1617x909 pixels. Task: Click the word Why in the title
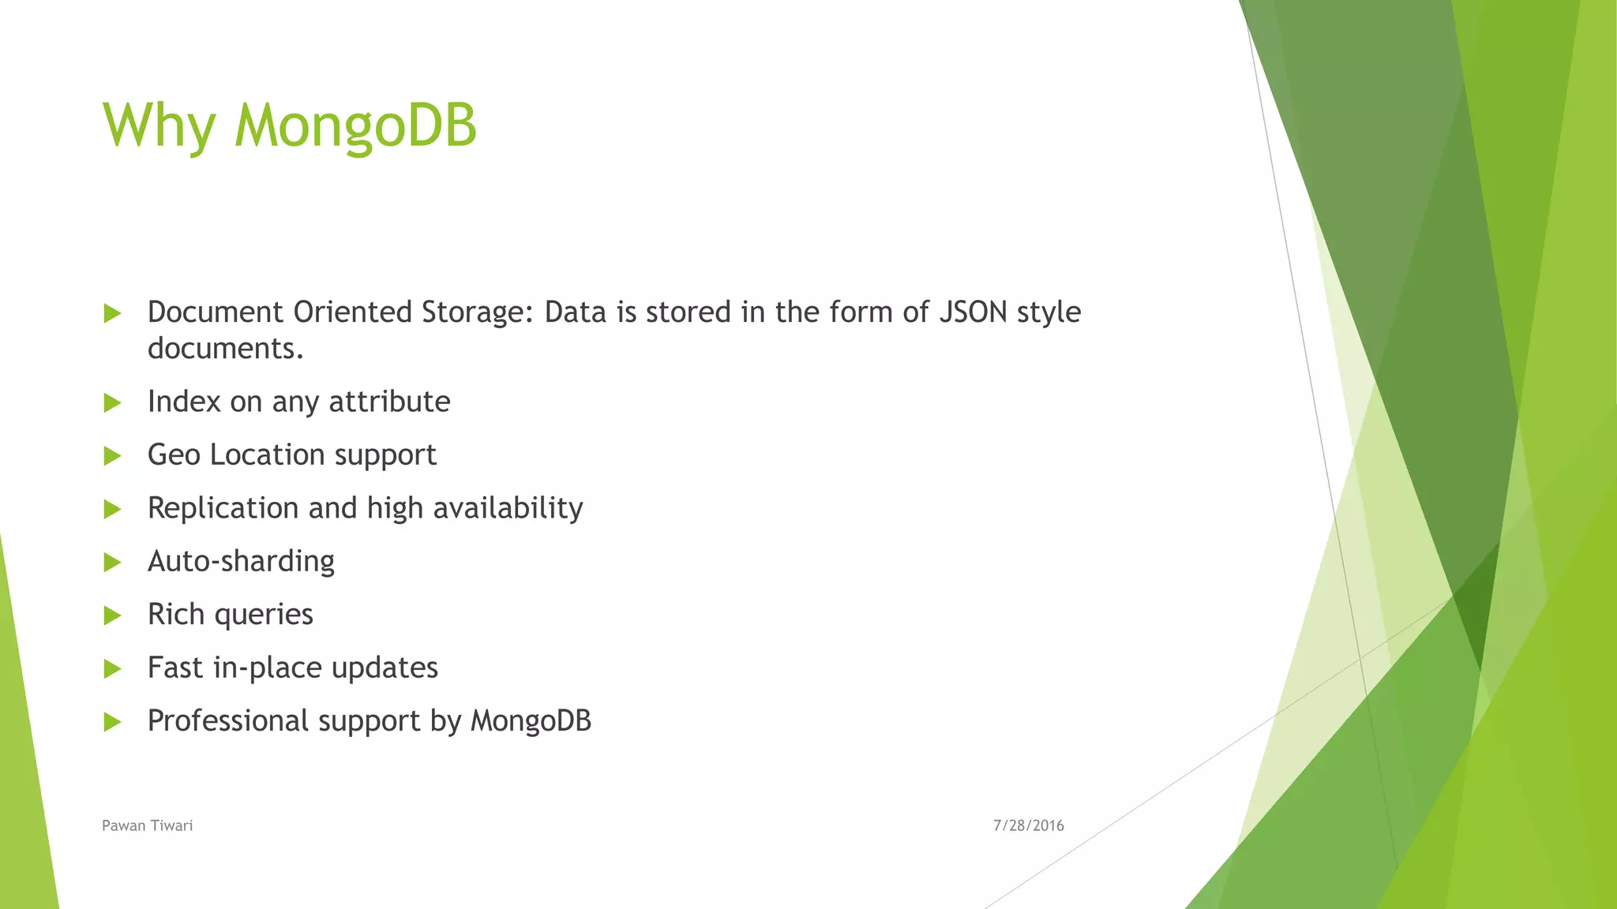(x=159, y=126)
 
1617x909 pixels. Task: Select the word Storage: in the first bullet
(x=477, y=312)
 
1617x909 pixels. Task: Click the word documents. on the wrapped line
(x=226, y=349)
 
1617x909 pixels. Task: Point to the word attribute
(x=389, y=402)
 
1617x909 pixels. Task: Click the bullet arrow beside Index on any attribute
(x=112, y=403)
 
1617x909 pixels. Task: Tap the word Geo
(x=174, y=455)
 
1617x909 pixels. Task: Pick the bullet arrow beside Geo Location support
(x=112, y=456)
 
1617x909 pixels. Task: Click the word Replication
(x=223, y=508)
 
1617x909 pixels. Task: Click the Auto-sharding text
(x=241, y=561)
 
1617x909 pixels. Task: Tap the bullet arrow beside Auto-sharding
(x=112, y=563)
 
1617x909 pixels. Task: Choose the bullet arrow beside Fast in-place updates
(x=112, y=669)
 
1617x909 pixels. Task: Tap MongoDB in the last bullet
(x=531, y=721)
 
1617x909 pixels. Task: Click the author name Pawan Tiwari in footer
(x=148, y=825)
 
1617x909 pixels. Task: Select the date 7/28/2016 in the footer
(x=1028, y=825)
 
